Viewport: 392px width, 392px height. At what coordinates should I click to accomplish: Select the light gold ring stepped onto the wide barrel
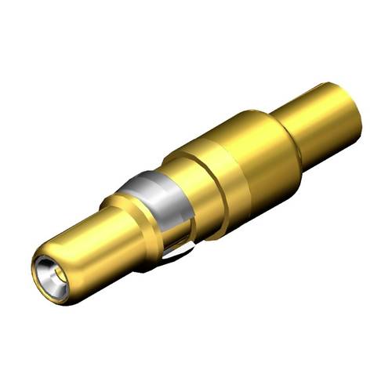point(200,169)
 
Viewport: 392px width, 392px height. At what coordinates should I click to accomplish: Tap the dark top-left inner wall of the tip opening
point(41,267)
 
